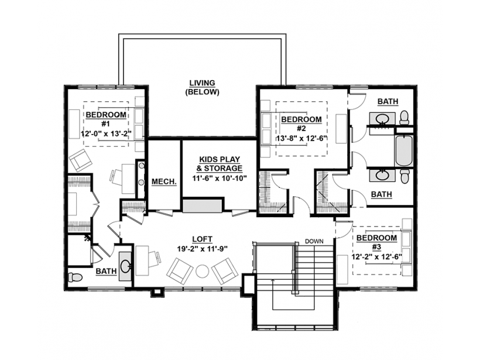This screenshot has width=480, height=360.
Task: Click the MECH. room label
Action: point(164,181)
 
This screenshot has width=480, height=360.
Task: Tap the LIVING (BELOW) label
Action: point(203,87)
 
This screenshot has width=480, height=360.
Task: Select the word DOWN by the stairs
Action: point(314,241)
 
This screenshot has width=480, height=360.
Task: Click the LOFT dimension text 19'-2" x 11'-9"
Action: point(203,249)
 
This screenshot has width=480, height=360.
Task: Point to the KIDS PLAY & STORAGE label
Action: point(220,164)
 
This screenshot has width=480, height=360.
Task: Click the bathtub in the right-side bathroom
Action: point(404,150)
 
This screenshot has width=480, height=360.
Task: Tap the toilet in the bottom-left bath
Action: point(75,277)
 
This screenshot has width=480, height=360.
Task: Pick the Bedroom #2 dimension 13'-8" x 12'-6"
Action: point(301,138)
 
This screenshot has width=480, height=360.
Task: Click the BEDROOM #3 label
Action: point(376,242)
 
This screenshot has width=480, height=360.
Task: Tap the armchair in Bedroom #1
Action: point(80,160)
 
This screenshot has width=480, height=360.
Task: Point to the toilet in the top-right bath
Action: point(404,118)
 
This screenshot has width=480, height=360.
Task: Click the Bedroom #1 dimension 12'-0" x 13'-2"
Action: point(106,133)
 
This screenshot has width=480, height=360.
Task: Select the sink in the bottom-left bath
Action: point(125,266)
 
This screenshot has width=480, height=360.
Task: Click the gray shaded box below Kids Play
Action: point(202,205)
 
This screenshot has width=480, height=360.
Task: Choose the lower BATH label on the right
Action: point(382,194)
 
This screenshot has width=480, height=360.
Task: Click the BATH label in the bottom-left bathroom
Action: point(106,271)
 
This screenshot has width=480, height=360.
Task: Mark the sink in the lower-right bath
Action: point(382,176)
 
